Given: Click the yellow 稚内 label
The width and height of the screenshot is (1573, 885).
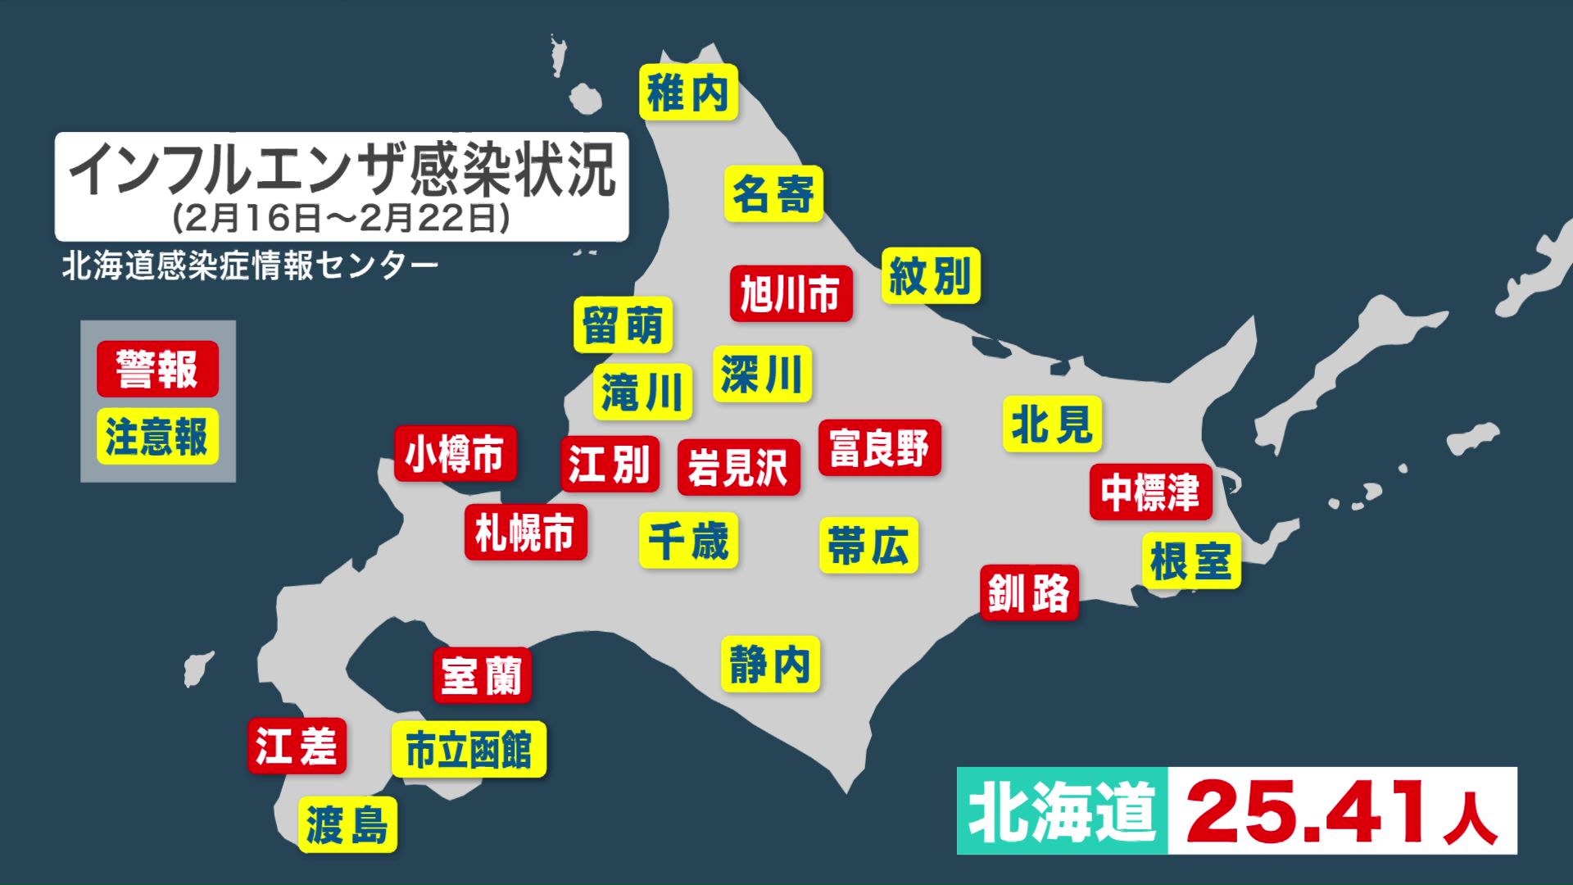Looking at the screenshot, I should [688, 93].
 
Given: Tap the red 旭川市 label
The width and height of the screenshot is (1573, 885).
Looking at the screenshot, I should [791, 293].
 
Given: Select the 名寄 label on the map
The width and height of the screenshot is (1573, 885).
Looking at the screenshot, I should [773, 194].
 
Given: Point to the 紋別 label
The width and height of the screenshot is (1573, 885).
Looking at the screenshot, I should [931, 275].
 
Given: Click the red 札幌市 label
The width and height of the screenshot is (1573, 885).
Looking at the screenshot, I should [525, 533].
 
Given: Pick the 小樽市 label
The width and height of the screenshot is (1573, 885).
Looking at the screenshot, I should [455, 453].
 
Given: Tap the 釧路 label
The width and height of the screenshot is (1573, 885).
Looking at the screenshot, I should [1029, 592].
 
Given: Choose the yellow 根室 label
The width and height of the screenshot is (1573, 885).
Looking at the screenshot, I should [1191, 561].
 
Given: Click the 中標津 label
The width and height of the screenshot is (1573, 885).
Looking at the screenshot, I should [1150, 492].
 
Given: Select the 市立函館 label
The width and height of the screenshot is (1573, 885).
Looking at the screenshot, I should [469, 749].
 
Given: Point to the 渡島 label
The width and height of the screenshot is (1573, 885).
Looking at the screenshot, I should [347, 824].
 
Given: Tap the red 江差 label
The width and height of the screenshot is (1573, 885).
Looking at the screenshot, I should [297, 746].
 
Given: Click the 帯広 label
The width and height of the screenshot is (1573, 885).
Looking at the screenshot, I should [868, 545].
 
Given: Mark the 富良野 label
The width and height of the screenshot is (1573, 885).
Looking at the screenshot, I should [879, 447].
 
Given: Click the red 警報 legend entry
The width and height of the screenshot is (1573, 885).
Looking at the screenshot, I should [157, 369].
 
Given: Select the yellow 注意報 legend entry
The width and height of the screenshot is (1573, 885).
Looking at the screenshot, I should [157, 436].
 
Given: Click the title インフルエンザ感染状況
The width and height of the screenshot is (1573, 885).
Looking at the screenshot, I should [341, 170].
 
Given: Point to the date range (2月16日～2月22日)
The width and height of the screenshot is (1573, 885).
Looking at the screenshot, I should [341, 218].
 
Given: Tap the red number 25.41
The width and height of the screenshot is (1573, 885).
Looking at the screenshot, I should [1306, 811].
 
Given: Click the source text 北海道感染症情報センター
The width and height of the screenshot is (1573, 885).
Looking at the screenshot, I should [250, 265].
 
